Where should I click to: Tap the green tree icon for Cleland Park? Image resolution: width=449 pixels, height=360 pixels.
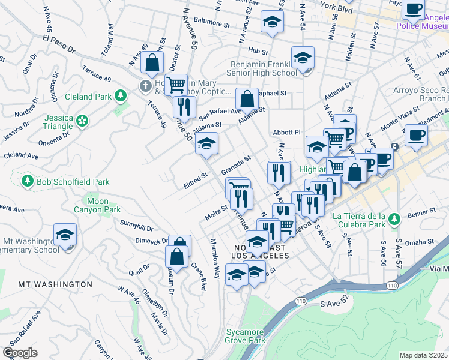pos(121,95)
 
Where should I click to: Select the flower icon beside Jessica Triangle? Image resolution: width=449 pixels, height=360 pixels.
pos(82,122)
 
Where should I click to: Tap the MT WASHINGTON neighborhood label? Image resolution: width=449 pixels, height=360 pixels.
pos(55,284)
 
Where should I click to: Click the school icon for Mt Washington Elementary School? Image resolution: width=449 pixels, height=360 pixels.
pos(65,236)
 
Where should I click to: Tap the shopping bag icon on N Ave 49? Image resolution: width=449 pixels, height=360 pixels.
pos(154,62)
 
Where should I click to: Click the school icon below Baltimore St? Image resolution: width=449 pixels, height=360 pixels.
pos(272,23)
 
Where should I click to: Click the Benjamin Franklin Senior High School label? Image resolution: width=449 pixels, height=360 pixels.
pos(264,68)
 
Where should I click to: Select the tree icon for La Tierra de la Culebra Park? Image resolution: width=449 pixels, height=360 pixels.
pos(394,217)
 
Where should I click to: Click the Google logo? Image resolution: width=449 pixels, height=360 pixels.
pos(20,353)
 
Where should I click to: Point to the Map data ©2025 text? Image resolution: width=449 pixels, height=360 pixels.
pos(423,355)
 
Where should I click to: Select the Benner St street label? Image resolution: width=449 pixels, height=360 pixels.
pos(424,211)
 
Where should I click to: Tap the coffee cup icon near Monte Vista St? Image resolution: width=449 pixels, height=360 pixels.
pos(416,135)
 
